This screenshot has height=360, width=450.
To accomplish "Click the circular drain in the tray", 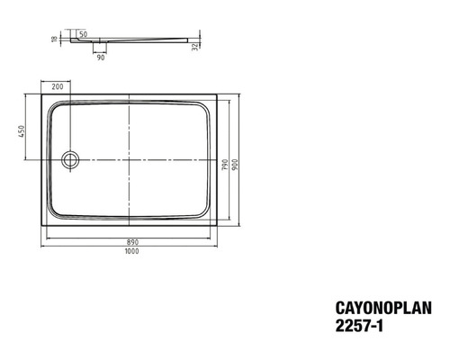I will pos(70,160).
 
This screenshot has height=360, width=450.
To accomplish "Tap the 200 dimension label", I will pos(57,87).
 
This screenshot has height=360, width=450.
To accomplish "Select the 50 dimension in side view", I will pos(84,33).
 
